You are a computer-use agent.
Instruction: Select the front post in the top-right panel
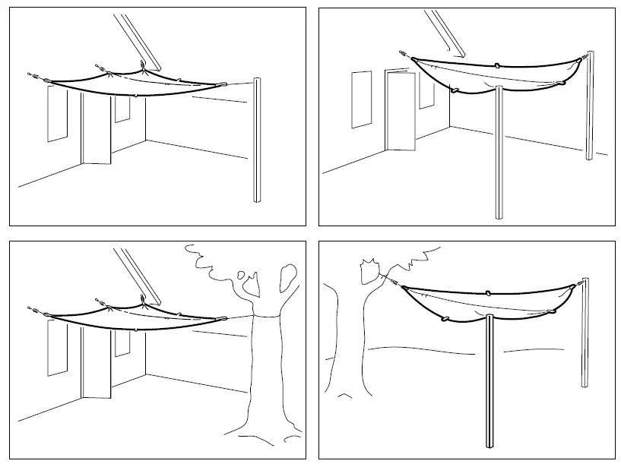499,152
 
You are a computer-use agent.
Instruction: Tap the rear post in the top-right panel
590,106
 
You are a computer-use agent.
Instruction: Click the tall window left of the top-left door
57,114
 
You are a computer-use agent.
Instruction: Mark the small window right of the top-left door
122,109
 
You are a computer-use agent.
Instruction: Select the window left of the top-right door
361,99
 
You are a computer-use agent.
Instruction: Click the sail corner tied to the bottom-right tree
403,287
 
